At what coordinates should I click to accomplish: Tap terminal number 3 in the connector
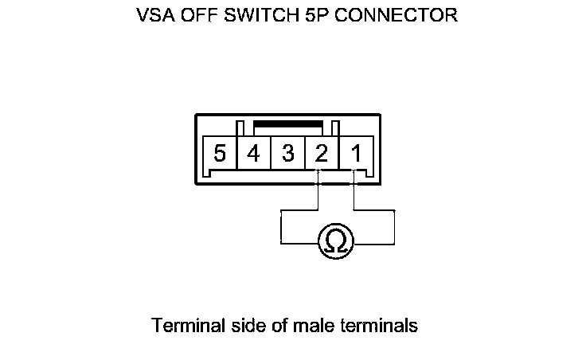(x=287, y=152)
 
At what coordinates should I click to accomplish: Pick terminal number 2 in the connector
(x=321, y=152)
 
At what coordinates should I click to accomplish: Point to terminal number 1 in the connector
(x=356, y=152)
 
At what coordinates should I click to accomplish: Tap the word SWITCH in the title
(x=264, y=15)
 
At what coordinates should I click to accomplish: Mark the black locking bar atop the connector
(x=287, y=125)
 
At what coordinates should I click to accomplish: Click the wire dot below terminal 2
(x=318, y=185)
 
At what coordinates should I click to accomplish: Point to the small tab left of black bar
(x=240, y=127)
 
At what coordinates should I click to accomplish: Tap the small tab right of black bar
(x=336, y=127)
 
